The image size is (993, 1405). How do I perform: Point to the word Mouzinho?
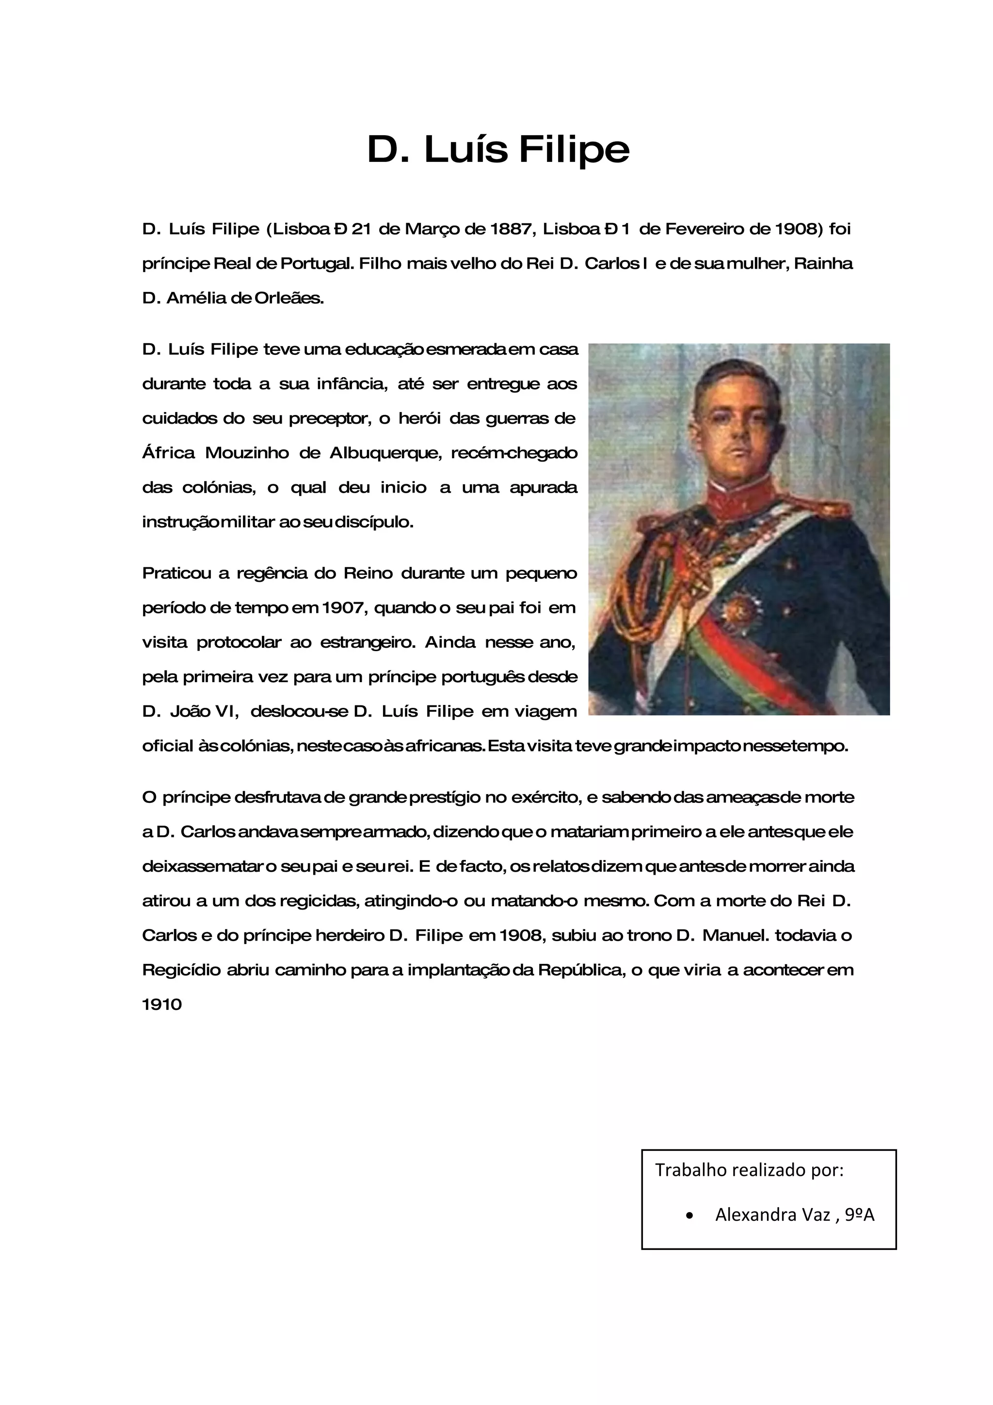click(x=247, y=453)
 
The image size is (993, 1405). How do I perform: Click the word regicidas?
click(x=318, y=901)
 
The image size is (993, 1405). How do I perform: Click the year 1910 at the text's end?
click(x=162, y=1005)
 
